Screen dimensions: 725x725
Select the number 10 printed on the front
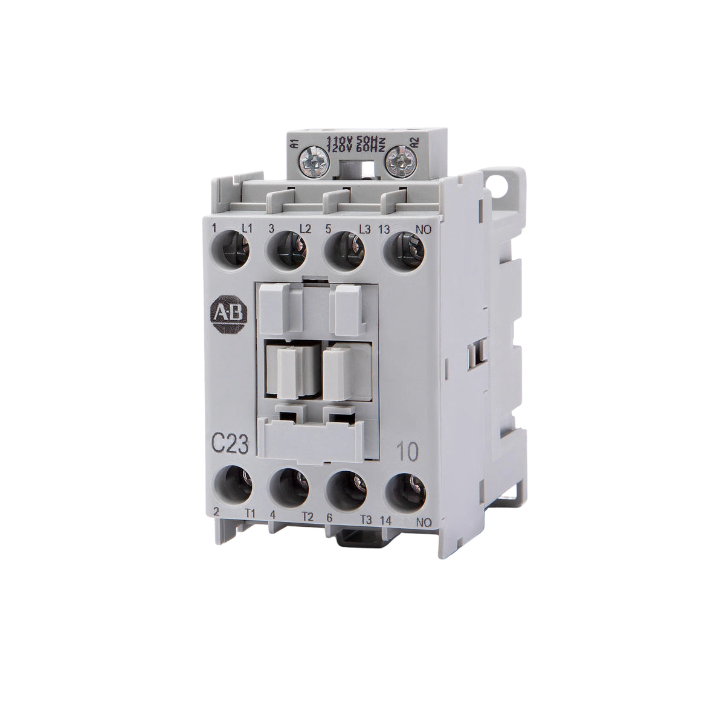[x=404, y=451]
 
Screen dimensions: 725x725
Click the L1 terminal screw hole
[x=233, y=248]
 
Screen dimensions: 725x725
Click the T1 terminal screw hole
[x=233, y=484]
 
